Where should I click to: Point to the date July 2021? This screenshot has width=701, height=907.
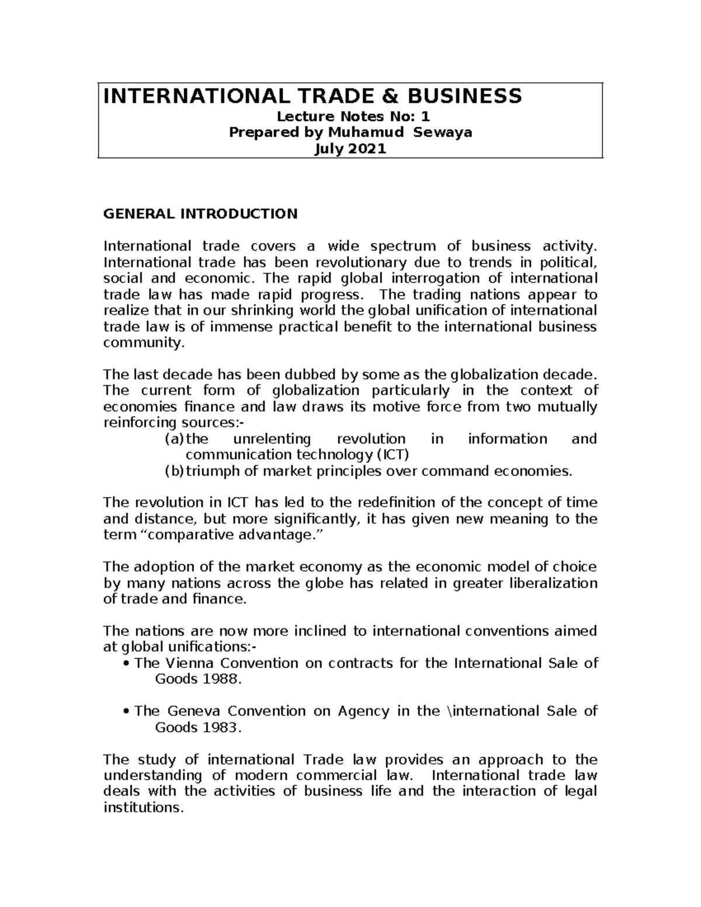pos(350,149)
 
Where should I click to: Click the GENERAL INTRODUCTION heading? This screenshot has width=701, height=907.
pos(200,214)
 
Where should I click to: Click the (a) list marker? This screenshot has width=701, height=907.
pos(174,439)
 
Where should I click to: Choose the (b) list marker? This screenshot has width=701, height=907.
pos(174,471)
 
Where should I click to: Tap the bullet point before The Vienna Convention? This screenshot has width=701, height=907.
pos(127,664)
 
